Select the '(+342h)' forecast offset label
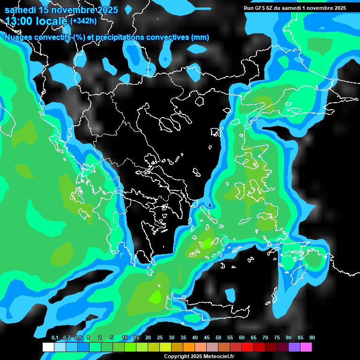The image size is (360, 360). click(x=83, y=21)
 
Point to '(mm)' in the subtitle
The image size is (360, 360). click(x=200, y=37)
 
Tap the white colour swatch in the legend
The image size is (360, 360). click(x=48, y=347)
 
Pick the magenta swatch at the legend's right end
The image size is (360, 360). click(x=306, y=347)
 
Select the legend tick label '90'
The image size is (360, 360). click(x=312, y=338)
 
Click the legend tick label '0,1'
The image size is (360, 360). click(x=54, y=338)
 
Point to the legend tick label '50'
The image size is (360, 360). click(x=218, y=338)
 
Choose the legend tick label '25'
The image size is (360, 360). click(x=160, y=338)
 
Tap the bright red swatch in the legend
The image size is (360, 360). click(x=247, y=347)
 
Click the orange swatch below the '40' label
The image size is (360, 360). click(x=189, y=347)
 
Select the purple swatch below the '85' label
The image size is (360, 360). click(x=294, y=347)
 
